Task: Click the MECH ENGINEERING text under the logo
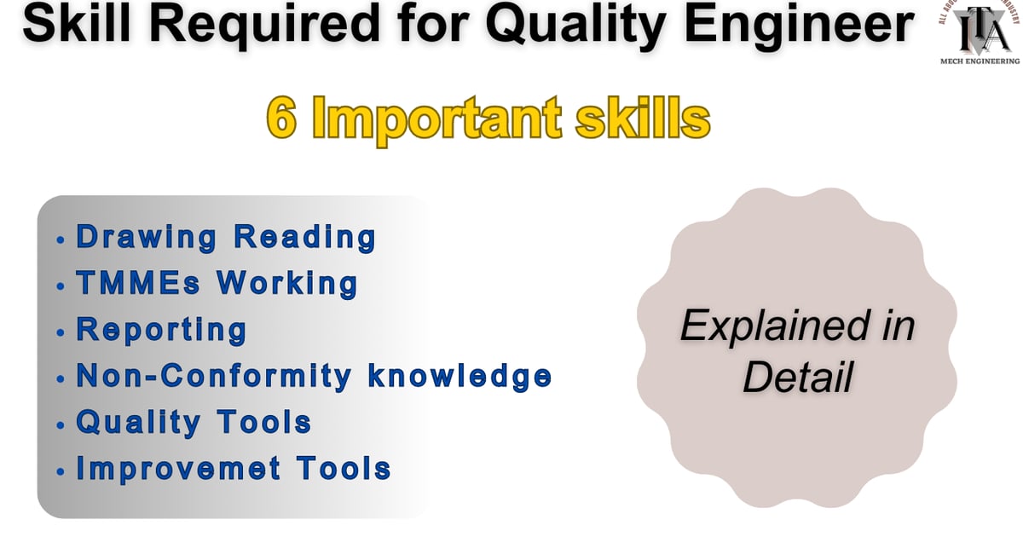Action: pos(979,61)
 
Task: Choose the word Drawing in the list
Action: pos(146,238)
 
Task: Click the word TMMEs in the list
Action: pos(136,283)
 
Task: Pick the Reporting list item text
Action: pos(162,330)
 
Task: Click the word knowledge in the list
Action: pos(459,376)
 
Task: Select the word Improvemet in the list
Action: pos(178,467)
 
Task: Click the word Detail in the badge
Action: pos(797,375)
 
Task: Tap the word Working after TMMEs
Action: pos(286,283)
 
